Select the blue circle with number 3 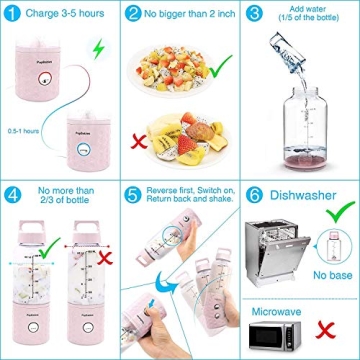coord(253,15)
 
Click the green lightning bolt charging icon coord(96,51)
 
